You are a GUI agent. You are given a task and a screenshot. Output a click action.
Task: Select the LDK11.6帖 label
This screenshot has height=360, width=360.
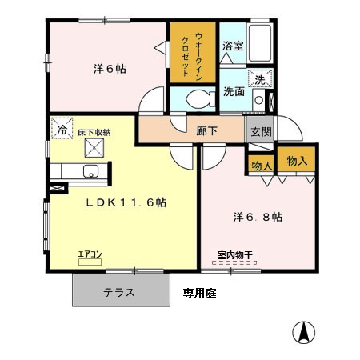(126, 202)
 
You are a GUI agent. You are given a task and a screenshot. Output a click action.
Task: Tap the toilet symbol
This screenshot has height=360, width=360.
(194, 100)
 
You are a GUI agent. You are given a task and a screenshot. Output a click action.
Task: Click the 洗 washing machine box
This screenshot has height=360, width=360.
(259, 78)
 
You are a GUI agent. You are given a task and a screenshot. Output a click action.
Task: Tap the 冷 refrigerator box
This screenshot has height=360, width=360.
(61, 128)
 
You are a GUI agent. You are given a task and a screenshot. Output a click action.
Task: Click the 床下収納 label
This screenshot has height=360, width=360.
(94, 131)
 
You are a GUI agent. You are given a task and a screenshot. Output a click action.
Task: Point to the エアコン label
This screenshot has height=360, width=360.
(90, 254)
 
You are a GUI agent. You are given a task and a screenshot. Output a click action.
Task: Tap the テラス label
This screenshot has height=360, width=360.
(118, 292)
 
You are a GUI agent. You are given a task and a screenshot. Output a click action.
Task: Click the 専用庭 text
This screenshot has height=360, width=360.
(198, 293)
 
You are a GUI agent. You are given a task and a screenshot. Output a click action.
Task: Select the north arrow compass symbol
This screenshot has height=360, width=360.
(304, 331)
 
